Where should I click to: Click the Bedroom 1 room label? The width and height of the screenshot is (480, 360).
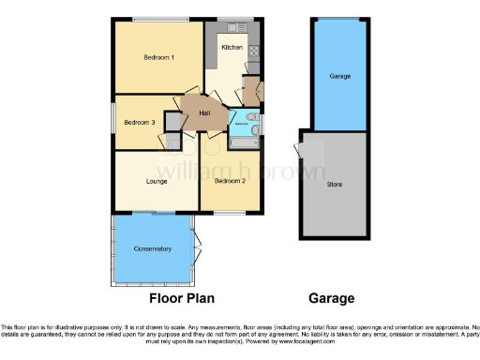(158, 58)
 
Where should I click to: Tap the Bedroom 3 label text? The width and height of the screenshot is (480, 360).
(139, 121)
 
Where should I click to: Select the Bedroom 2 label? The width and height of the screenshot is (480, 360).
(230, 180)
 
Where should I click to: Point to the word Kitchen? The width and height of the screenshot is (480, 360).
(232, 47)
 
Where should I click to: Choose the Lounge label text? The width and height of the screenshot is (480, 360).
(156, 180)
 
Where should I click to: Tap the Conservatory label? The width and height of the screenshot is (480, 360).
(152, 248)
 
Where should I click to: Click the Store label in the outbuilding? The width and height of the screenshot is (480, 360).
(335, 184)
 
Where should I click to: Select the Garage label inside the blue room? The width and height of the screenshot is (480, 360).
(339, 75)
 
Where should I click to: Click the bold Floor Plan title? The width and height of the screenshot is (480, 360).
(182, 299)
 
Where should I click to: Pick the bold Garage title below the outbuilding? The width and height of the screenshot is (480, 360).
(332, 299)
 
